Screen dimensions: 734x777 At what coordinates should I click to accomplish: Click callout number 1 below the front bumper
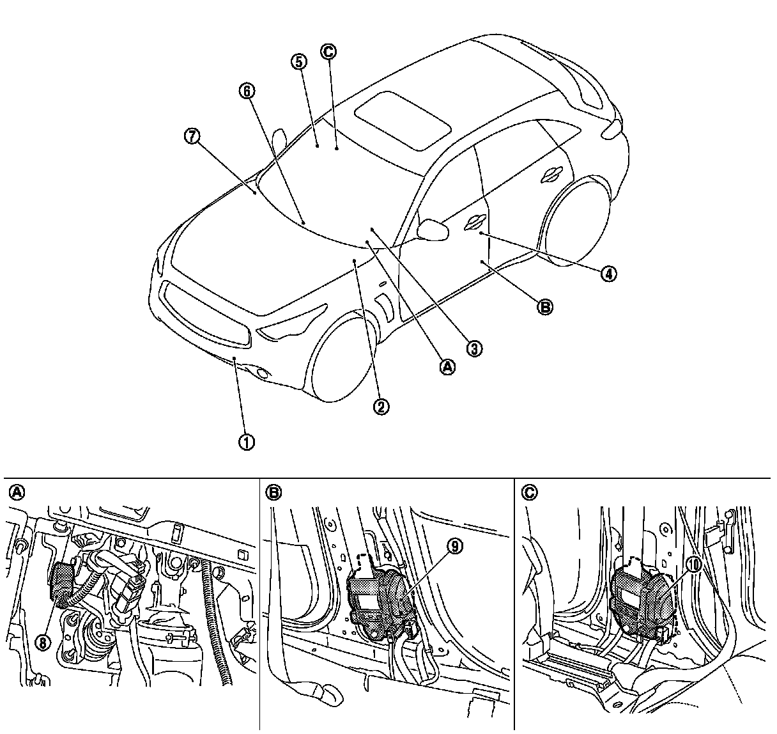pos(247,441)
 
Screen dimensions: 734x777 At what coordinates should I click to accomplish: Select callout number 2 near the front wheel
pos(381,407)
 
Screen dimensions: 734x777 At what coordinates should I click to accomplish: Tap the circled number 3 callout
pos(473,348)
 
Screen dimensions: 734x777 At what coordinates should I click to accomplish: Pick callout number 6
pos(247,91)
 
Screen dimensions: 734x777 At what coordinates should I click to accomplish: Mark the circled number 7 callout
pos(192,136)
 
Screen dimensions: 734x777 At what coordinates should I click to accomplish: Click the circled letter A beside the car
pos(447,366)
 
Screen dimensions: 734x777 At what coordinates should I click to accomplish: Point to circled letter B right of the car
pos(544,308)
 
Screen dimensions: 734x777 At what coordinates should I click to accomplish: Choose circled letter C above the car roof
pos(328,52)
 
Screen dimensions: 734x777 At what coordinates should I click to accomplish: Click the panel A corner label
pos(17,492)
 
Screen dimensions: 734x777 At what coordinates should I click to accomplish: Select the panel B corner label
pos(273,492)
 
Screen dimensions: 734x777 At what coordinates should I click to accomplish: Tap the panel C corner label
pos(529,492)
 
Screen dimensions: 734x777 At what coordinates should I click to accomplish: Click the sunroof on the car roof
pos(401,119)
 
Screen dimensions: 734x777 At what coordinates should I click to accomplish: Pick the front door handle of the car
pos(475,221)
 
